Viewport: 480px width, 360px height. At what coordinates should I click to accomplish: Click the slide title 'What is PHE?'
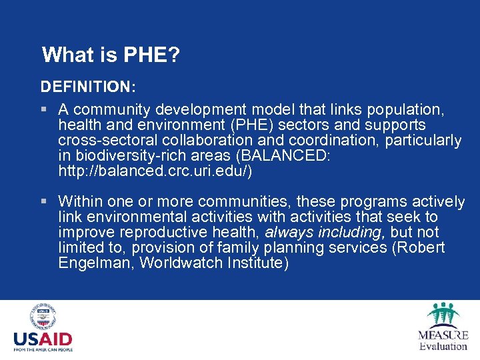110,55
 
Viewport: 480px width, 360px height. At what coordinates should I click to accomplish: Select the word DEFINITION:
88,87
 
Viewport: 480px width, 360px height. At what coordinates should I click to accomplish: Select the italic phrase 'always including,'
325,233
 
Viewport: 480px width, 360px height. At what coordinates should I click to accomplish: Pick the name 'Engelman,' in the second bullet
95,263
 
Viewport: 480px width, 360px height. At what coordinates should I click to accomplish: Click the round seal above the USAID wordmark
43,318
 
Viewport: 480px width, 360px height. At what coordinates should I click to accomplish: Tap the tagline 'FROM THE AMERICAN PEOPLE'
43,349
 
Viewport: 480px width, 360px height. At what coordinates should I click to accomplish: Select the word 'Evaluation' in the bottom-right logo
443,345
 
